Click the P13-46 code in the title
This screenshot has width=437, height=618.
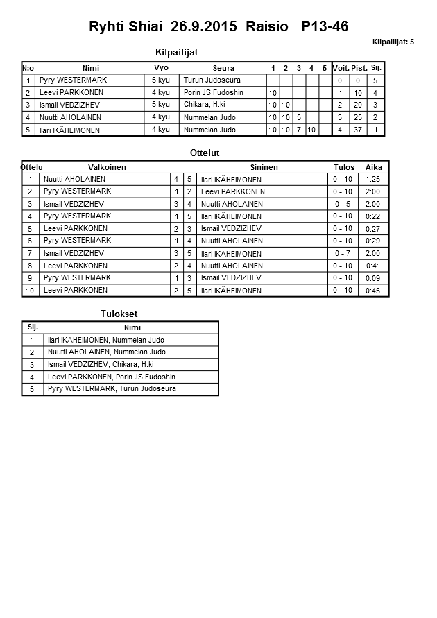(325, 27)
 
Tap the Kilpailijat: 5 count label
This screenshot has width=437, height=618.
(393, 42)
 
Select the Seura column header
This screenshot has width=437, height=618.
(223, 68)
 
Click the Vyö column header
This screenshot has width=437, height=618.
(161, 67)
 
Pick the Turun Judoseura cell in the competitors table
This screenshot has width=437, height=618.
(209, 80)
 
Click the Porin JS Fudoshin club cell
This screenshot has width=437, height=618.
(214, 93)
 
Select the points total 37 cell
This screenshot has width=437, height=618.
(358, 130)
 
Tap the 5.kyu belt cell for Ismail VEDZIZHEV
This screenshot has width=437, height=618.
(160, 105)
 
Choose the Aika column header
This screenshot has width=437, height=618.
(374, 167)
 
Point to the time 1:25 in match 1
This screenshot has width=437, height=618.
(372, 179)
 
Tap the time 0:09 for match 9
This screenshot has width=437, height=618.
(372, 278)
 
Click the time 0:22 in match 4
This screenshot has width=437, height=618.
(372, 216)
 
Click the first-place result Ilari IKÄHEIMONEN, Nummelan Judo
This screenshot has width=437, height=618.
(105, 340)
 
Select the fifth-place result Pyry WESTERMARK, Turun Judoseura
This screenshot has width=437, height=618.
(112, 389)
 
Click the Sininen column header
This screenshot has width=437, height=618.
(264, 167)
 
